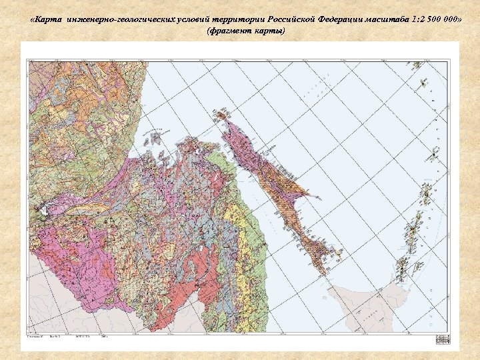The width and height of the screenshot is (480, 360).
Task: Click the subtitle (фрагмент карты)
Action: click(245, 32)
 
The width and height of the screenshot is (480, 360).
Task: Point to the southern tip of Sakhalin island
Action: click(325, 272)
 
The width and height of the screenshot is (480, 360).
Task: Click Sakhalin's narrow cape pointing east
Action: click(307, 195)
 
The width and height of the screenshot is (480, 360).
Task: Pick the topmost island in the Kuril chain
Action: click(419, 66)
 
